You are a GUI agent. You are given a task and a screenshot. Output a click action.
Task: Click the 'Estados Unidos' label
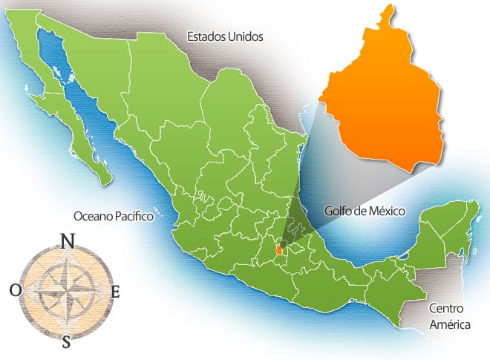[x=225, y=36]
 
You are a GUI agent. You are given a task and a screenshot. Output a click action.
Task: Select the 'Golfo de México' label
[x=365, y=211]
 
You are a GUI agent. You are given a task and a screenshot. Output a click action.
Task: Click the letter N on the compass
[x=67, y=241]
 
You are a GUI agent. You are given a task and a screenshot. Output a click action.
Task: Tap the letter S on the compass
[x=67, y=341]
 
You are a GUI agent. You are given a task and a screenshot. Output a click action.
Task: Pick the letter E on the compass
[x=115, y=292]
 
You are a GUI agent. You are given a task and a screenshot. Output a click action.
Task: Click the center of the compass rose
[x=66, y=291]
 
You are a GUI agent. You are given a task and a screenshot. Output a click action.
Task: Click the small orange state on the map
[x=279, y=252]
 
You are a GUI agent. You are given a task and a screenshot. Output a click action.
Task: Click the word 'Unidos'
[x=246, y=36]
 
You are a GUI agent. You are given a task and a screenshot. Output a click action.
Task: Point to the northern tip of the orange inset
[x=388, y=9]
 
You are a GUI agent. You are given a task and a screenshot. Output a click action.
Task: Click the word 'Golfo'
[x=338, y=212]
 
